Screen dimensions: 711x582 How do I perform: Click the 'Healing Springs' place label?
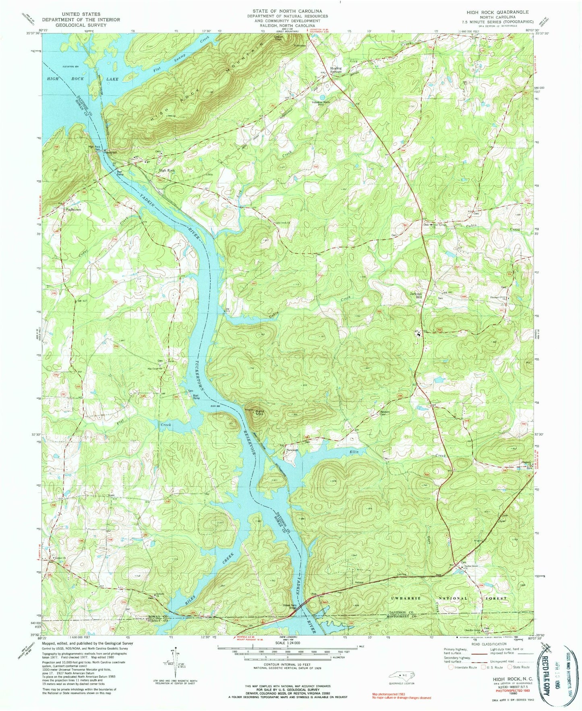(x=336, y=70)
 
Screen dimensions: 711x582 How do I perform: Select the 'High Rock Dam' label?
(x=94, y=148)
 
